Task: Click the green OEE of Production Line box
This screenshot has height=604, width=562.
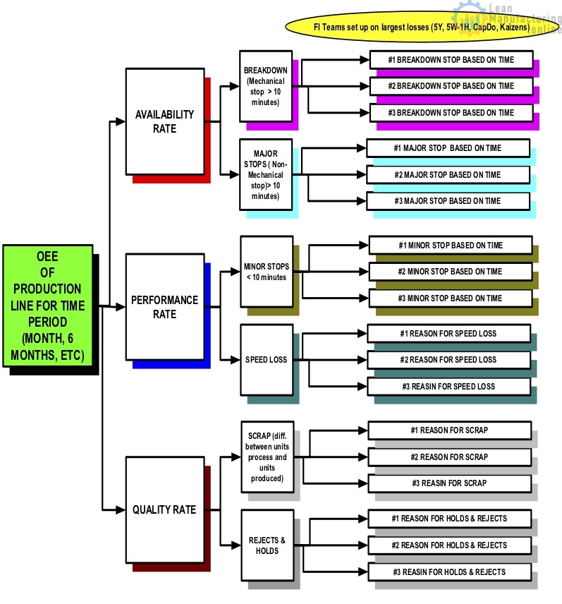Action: pos(48,306)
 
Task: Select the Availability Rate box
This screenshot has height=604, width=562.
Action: pos(164,121)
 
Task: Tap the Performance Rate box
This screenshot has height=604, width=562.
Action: pos(164,307)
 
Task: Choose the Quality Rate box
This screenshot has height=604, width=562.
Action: pos(164,509)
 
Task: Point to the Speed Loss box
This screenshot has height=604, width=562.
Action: pos(266,359)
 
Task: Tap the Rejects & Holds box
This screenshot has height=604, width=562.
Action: pos(267,545)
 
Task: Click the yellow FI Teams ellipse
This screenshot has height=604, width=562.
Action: pos(421,27)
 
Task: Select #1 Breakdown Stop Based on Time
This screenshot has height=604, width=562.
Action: pos(452,60)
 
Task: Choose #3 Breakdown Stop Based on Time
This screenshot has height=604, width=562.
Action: pos(452,112)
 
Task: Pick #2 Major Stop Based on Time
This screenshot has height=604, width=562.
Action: pos(448,174)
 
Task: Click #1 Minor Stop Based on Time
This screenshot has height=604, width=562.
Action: pos(450,245)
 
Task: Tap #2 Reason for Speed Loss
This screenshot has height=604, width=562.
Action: pos(448,359)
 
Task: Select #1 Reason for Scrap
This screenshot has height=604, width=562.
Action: pos(450,430)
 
